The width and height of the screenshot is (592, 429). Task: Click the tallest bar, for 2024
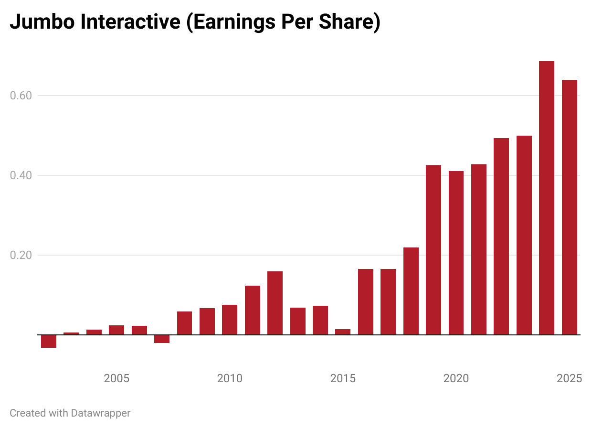pos(546,198)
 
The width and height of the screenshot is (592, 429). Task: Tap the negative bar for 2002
pos(49,341)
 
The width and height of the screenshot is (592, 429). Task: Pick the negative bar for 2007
pos(162,339)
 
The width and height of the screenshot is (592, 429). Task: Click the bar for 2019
pos(433,250)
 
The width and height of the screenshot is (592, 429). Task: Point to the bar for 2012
pos(275,303)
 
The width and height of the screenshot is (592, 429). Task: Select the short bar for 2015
pos(343,332)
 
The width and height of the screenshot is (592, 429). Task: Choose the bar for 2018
pos(411,291)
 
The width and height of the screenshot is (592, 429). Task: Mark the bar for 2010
pos(230,320)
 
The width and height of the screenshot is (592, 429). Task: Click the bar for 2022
pos(501,236)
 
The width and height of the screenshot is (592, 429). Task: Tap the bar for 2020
pos(456,253)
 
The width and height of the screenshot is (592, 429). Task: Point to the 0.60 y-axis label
pos(21,96)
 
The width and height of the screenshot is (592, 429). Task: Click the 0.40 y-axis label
pos(21,175)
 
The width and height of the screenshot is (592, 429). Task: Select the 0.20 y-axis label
pos(21,255)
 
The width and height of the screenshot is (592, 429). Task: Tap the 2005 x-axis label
pos(116,379)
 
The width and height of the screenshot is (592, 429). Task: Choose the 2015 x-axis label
pos(343,379)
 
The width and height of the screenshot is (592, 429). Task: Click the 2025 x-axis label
pos(569,379)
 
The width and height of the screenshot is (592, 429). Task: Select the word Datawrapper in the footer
pos(100,413)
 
